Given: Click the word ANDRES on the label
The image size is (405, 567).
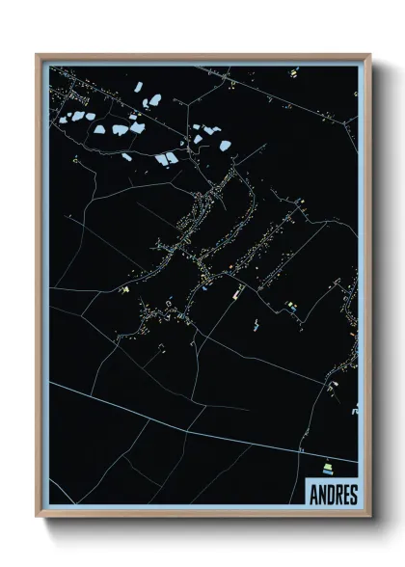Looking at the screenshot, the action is pyautogui.click(x=334, y=494).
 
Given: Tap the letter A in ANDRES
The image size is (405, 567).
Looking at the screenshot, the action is pyautogui.click(x=314, y=494).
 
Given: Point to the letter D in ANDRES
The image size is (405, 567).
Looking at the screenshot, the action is pyautogui.click(x=330, y=494).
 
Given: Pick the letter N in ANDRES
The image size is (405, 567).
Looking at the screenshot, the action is pyautogui.click(x=322, y=494).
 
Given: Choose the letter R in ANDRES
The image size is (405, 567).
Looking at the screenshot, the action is pyautogui.click(x=337, y=494).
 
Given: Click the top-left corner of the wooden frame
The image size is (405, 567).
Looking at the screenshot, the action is pyautogui.click(x=37, y=55).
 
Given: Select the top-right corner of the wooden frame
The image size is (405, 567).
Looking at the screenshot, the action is pyautogui.click(x=370, y=55).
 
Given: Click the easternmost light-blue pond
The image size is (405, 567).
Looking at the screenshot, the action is pyautogui.click(x=225, y=147).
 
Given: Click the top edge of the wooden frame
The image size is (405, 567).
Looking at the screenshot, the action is pyautogui.click(x=202, y=57).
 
